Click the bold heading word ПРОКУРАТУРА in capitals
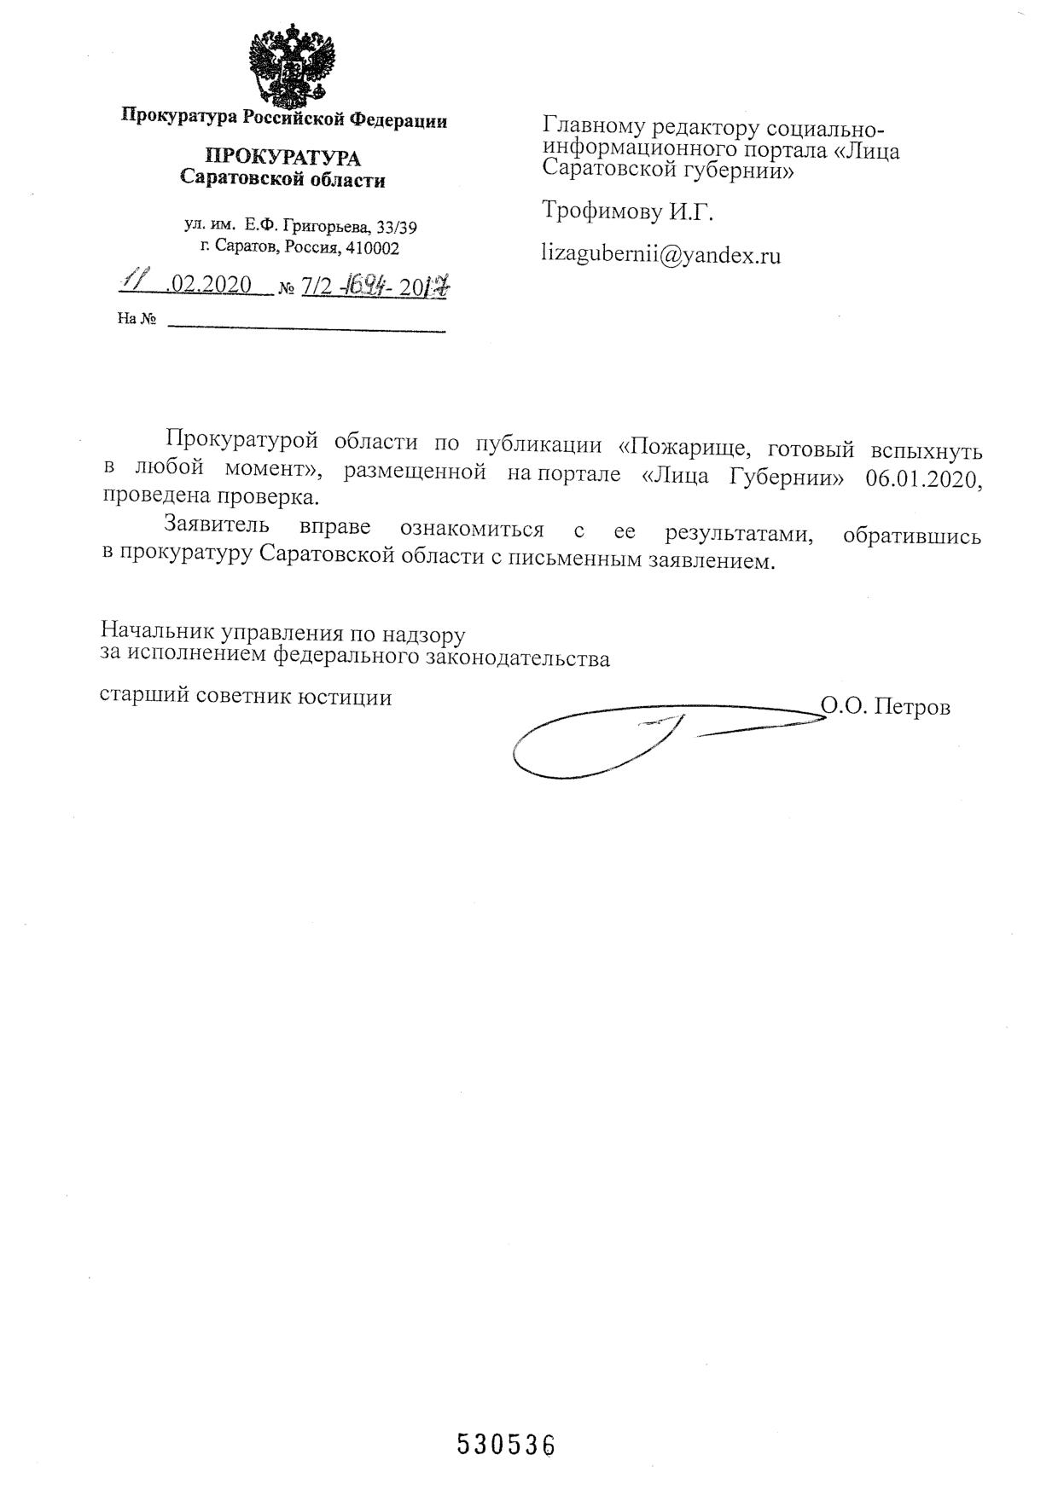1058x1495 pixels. click(x=282, y=158)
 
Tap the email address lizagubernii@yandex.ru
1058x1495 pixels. click(x=661, y=255)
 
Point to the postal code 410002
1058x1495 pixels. click(x=372, y=249)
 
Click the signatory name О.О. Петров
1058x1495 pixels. click(x=885, y=707)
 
